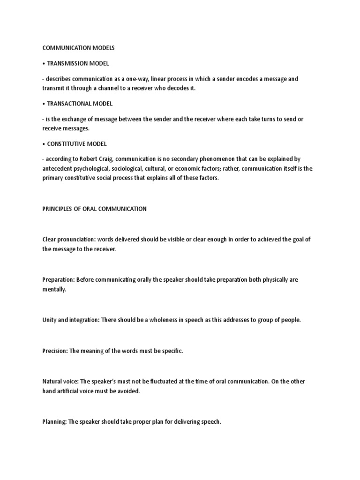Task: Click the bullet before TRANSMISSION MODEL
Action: [44, 63]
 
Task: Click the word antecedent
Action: [57, 169]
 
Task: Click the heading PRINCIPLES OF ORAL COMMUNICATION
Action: [94, 209]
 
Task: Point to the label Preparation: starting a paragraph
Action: [58, 280]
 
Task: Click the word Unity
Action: [49, 320]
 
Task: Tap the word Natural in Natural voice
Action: [52, 382]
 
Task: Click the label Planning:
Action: [54, 422]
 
